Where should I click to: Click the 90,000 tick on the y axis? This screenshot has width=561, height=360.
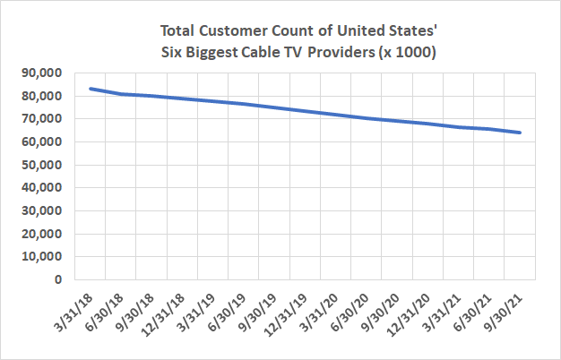point(39,73)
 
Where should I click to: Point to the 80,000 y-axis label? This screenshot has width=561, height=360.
point(39,96)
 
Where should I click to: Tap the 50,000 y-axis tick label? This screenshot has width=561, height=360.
point(39,165)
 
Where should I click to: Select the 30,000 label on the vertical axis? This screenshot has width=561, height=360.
point(39,210)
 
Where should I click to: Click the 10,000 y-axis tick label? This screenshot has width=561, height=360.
point(39,256)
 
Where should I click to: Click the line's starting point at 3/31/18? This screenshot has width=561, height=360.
point(91,89)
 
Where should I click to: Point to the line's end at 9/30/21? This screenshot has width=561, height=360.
point(521,133)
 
